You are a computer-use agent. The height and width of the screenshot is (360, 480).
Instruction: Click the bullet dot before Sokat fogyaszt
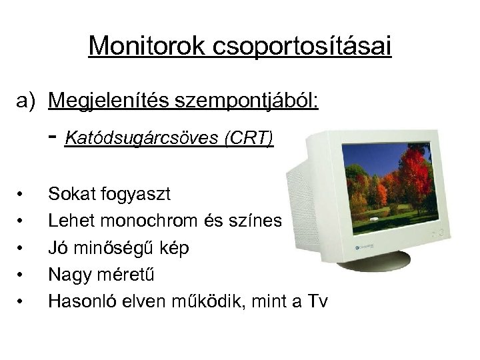22,195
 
